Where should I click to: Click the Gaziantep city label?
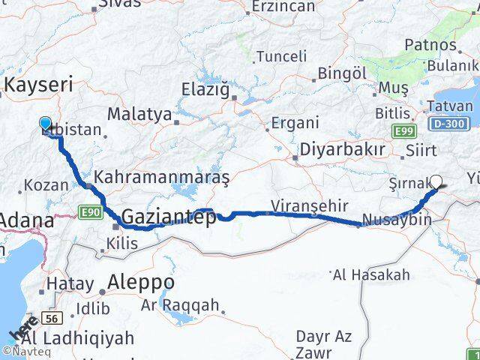[168, 217]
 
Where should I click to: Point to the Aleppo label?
[141, 282]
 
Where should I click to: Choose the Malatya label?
[139, 114]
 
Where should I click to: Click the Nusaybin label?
[396, 220]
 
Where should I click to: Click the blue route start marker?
[45, 124]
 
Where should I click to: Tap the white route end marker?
[437, 181]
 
